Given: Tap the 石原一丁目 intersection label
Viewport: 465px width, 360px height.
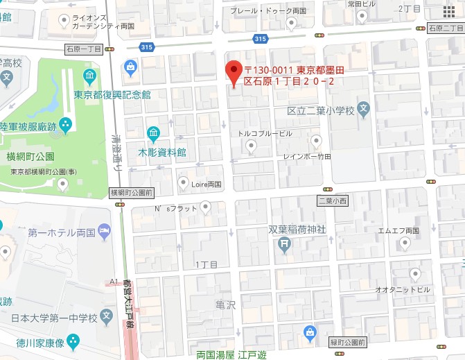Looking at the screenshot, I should [x=84, y=49].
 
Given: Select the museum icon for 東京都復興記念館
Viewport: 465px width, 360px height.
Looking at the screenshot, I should [x=89, y=76].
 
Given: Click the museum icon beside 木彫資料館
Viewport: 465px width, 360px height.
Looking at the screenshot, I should [x=152, y=132].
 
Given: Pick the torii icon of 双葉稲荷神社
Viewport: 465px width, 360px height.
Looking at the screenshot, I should [x=283, y=243].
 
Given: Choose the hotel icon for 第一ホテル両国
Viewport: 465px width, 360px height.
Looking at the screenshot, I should [x=105, y=231].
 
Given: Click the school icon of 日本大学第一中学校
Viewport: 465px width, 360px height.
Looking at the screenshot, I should [x=106, y=318].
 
